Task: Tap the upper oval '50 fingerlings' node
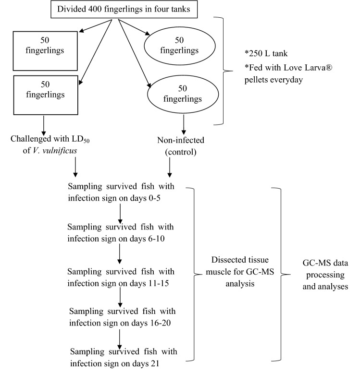pos(178,47)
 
